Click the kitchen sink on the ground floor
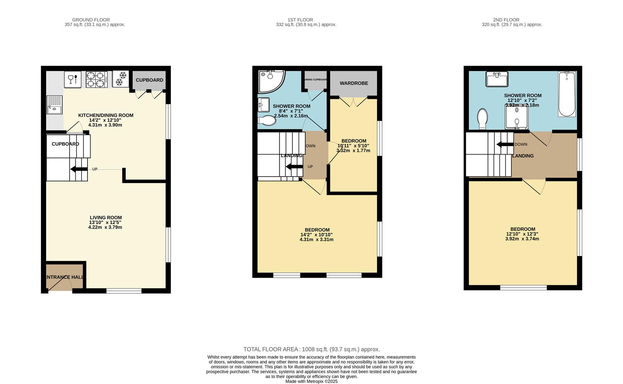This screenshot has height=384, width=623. coord(54,105)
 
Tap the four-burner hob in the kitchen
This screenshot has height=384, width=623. coord(96,80)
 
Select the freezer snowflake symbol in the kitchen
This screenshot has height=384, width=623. coord(120,79)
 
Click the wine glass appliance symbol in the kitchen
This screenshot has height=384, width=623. coord(72,79)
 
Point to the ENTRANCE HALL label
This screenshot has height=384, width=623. coord(64,277)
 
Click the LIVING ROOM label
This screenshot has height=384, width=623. coord(106,218)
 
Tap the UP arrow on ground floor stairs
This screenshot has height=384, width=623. coord(79,169)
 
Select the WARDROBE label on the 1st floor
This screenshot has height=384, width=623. coord(354,83)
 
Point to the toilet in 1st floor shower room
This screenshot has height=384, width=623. coord(267,121)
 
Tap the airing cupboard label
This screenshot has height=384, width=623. coord(315,80)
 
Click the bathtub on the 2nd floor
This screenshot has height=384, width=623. coord(567,94)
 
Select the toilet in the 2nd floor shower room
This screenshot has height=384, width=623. coord(482,119)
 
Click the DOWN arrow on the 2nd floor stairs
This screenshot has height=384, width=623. coord(505,144)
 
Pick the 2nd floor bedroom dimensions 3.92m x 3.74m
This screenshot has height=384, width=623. coord(522,239)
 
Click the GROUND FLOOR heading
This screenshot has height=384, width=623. coord(91,20)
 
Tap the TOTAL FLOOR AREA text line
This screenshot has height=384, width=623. coord(311,349)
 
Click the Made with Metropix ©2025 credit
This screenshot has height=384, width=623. coord(311,381)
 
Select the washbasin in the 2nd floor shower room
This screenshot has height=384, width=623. coord(497,79)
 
